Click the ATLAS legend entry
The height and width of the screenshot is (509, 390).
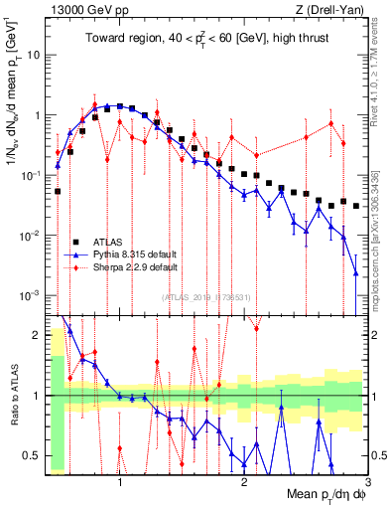pos(108,242)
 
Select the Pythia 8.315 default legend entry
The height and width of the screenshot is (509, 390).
pos(136,254)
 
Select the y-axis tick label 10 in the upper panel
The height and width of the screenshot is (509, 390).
pos(33,55)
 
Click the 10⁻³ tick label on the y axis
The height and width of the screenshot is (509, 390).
pos(31,296)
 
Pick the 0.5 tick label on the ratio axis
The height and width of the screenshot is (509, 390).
pos(33,457)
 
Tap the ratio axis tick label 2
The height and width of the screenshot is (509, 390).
pos(38,334)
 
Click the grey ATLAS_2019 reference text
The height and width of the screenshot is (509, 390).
pos(208,297)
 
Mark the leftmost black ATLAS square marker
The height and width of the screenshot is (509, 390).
pos(58,191)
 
